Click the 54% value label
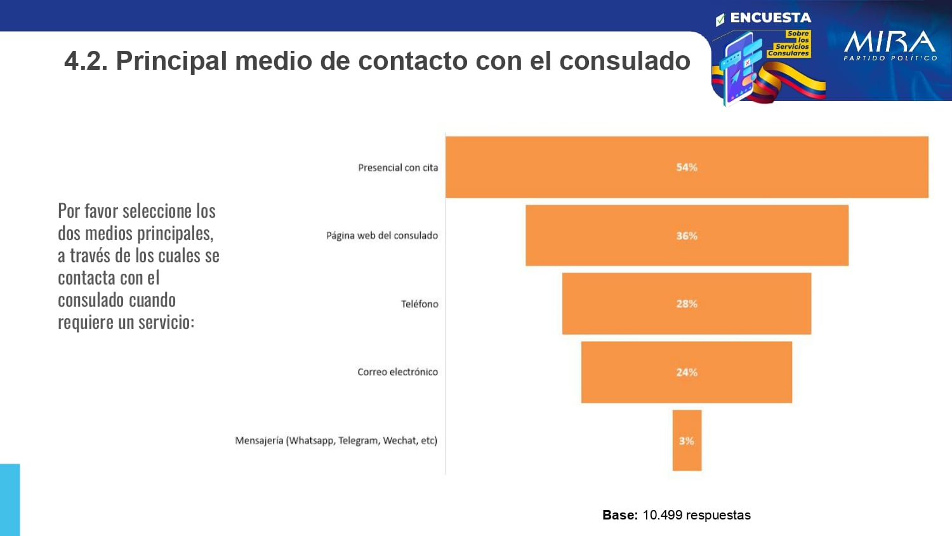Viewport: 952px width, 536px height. click(687, 167)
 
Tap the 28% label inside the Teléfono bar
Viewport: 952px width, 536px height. click(687, 304)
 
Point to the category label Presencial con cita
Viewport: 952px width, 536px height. click(398, 168)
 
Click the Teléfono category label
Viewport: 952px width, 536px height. click(420, 304)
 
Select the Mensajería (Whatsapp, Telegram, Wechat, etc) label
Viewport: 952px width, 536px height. click(336, 440)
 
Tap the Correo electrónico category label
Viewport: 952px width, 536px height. click(397, 372)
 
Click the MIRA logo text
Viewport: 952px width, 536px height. click(890, 43)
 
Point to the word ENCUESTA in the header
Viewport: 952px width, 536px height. click(770, 18)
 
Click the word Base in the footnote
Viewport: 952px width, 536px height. click(619, 515)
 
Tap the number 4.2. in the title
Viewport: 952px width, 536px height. click(86, 61)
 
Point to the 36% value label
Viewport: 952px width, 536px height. click(687, 236)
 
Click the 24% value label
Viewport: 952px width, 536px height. click(687, 372)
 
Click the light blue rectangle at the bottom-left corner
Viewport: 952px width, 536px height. click(10, 500)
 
